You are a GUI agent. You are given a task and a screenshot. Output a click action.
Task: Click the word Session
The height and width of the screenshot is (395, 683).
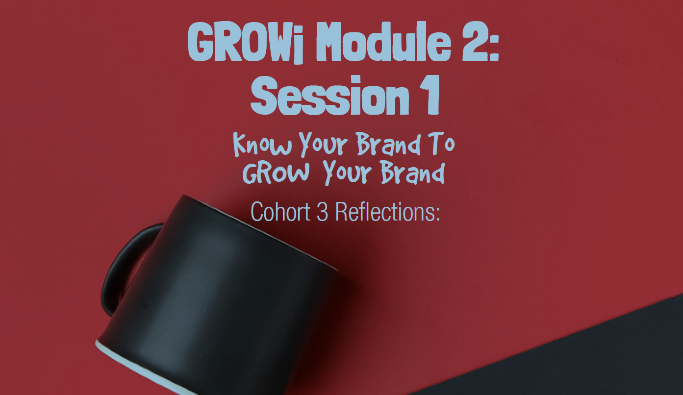point(329,98)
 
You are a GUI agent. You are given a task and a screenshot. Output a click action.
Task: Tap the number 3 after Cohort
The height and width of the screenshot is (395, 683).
point(322,211)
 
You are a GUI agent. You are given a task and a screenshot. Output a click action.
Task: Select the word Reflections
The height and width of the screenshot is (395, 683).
point(387,211)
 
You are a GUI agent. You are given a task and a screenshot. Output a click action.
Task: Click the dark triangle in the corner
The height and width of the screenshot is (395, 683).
point(588,358)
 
